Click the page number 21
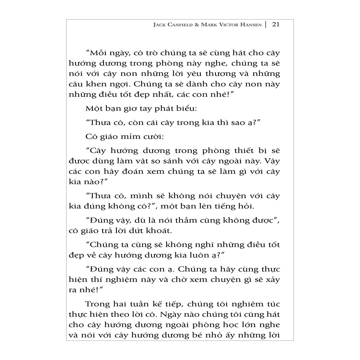tap(275, 25)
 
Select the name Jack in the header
tap(159, 25)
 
